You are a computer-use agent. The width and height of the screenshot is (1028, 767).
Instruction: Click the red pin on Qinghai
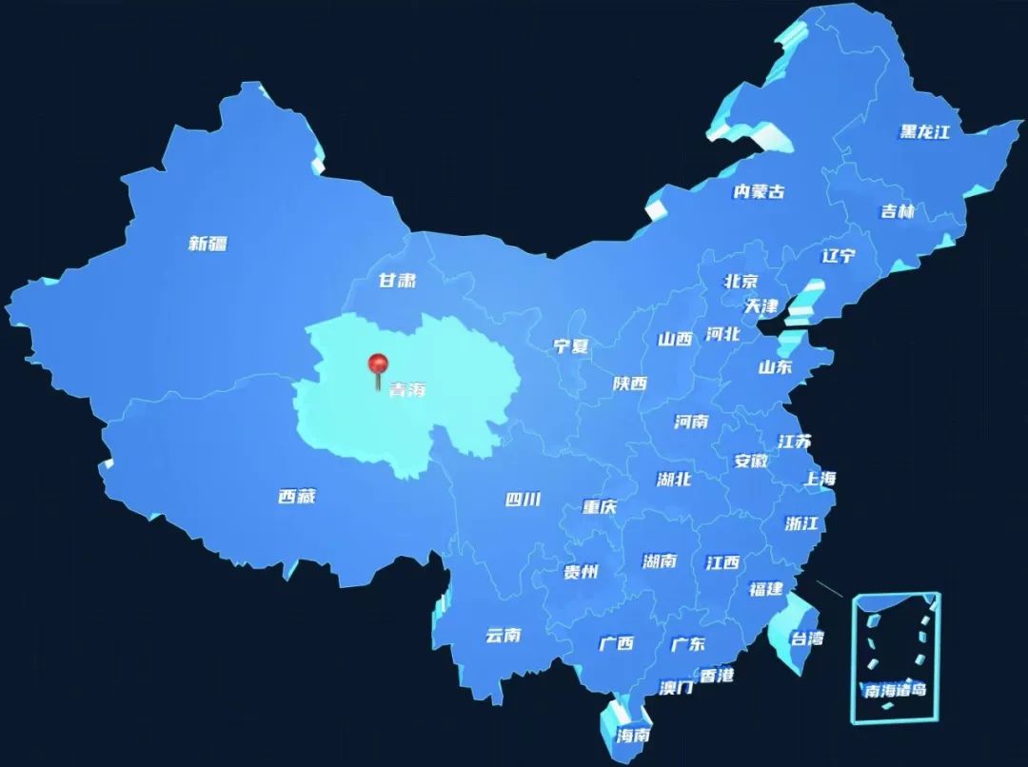[379, 364]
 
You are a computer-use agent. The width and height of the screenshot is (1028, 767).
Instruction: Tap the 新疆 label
[208, 244]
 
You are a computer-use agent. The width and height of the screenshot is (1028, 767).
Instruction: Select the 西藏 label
[297, 497]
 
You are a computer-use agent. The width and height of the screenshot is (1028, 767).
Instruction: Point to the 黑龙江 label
[925, 131]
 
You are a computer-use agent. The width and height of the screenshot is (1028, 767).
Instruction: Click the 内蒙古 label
[759, 191]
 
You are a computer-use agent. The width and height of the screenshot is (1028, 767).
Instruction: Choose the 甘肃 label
[397, 281]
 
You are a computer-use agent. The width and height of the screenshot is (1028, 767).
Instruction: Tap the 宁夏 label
[571, 346]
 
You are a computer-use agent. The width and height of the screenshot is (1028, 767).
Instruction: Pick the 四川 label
[523, 499]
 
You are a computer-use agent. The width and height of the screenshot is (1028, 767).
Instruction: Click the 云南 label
[503, 635]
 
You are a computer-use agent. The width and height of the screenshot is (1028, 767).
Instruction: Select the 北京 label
[741, 281]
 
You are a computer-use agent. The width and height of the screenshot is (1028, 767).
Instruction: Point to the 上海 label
[819, 479]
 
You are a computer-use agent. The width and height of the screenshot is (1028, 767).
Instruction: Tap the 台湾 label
[808, 638]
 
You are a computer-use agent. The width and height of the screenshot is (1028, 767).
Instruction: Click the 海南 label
[633, 735]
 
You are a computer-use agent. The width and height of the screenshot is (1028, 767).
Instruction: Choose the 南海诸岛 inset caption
[895, 690]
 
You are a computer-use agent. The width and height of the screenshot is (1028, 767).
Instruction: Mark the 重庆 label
[600, 507]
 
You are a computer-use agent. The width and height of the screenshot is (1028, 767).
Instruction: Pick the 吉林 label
[897, 211]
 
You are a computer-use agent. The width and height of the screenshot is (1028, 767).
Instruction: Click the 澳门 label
[677, 687]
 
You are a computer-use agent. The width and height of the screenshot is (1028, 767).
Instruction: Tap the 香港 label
[717, 676]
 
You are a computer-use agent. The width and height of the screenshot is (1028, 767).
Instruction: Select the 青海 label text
[406, 390]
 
